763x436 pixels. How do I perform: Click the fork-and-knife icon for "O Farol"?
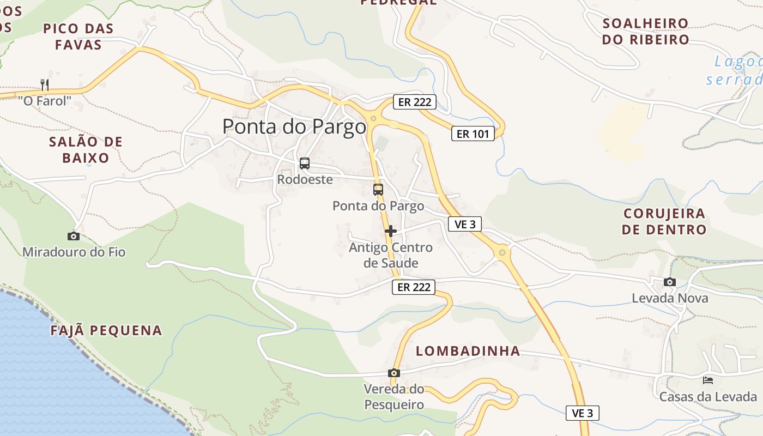(45, 84)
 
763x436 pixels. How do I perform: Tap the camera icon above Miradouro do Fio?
(73, 236)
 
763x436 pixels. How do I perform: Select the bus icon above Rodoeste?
(305, 163)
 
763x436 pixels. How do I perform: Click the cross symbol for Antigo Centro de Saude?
(390, 231)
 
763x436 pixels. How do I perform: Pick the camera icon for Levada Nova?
(670, 282)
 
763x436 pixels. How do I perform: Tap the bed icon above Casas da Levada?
(708, 380)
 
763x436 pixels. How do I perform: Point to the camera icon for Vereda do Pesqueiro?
(393, 373)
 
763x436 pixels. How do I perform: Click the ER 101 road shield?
(473, 134)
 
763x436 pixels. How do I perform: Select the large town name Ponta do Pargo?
(294, 126)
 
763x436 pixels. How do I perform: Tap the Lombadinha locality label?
(468, 351)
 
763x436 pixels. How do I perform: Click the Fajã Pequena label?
(106, 330)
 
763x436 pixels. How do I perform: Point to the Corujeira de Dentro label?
(664, 221)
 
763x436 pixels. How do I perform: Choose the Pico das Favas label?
(78, 37)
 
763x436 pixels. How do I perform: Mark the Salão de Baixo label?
(86, 150)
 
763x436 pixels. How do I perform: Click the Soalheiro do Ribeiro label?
(646, 32)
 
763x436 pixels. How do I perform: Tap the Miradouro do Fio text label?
(74, 252)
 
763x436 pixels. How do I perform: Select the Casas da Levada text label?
(708, 396)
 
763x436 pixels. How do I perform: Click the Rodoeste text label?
(305, 179)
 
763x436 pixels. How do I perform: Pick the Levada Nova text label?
(670, 298)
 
